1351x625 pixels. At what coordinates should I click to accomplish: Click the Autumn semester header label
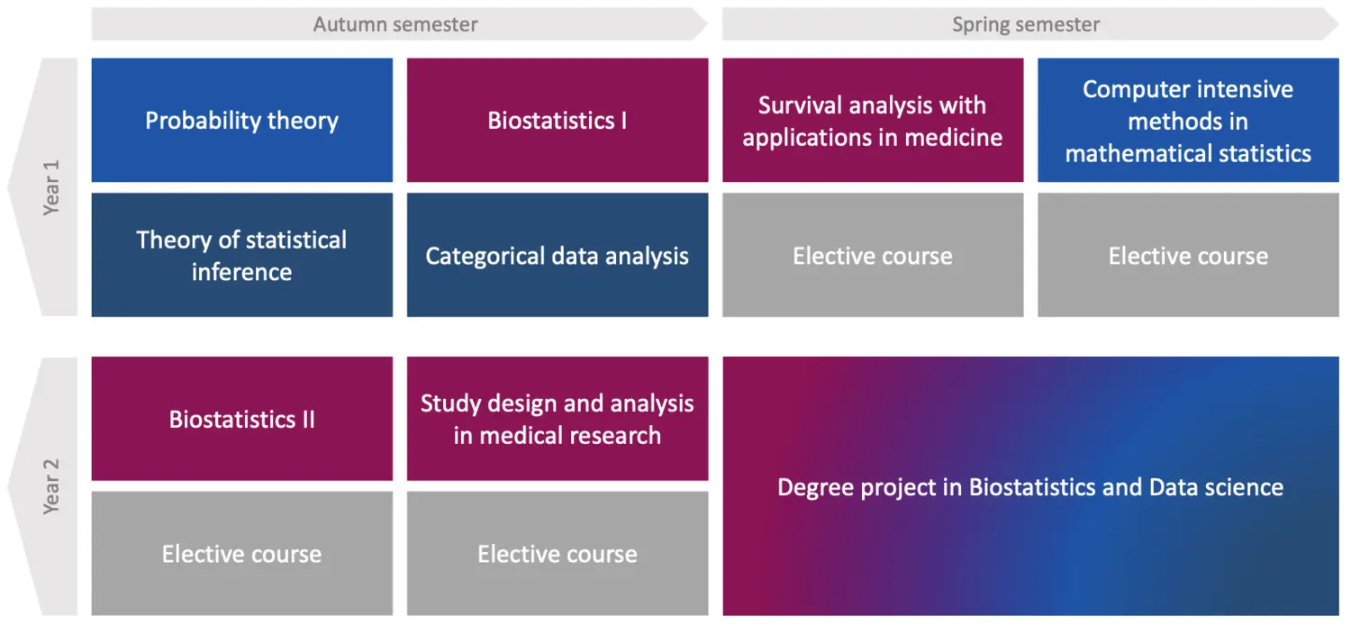395,24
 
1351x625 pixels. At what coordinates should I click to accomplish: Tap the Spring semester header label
1026,24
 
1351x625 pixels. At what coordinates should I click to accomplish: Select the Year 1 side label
51,187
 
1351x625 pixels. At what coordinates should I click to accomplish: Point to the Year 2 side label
51,486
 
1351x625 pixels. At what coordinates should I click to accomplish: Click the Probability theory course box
242,120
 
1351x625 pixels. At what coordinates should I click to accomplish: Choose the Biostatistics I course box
558,120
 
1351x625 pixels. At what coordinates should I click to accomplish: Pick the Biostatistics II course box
242,419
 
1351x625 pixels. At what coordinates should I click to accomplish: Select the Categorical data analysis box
558,255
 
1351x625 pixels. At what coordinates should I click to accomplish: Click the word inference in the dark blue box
242,272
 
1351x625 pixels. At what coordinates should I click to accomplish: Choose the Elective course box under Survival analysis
873,255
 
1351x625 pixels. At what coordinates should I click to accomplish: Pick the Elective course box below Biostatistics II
242,553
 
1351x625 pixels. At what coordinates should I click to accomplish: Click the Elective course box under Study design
558,553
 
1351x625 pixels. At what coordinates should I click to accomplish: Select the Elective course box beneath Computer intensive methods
1188,255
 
